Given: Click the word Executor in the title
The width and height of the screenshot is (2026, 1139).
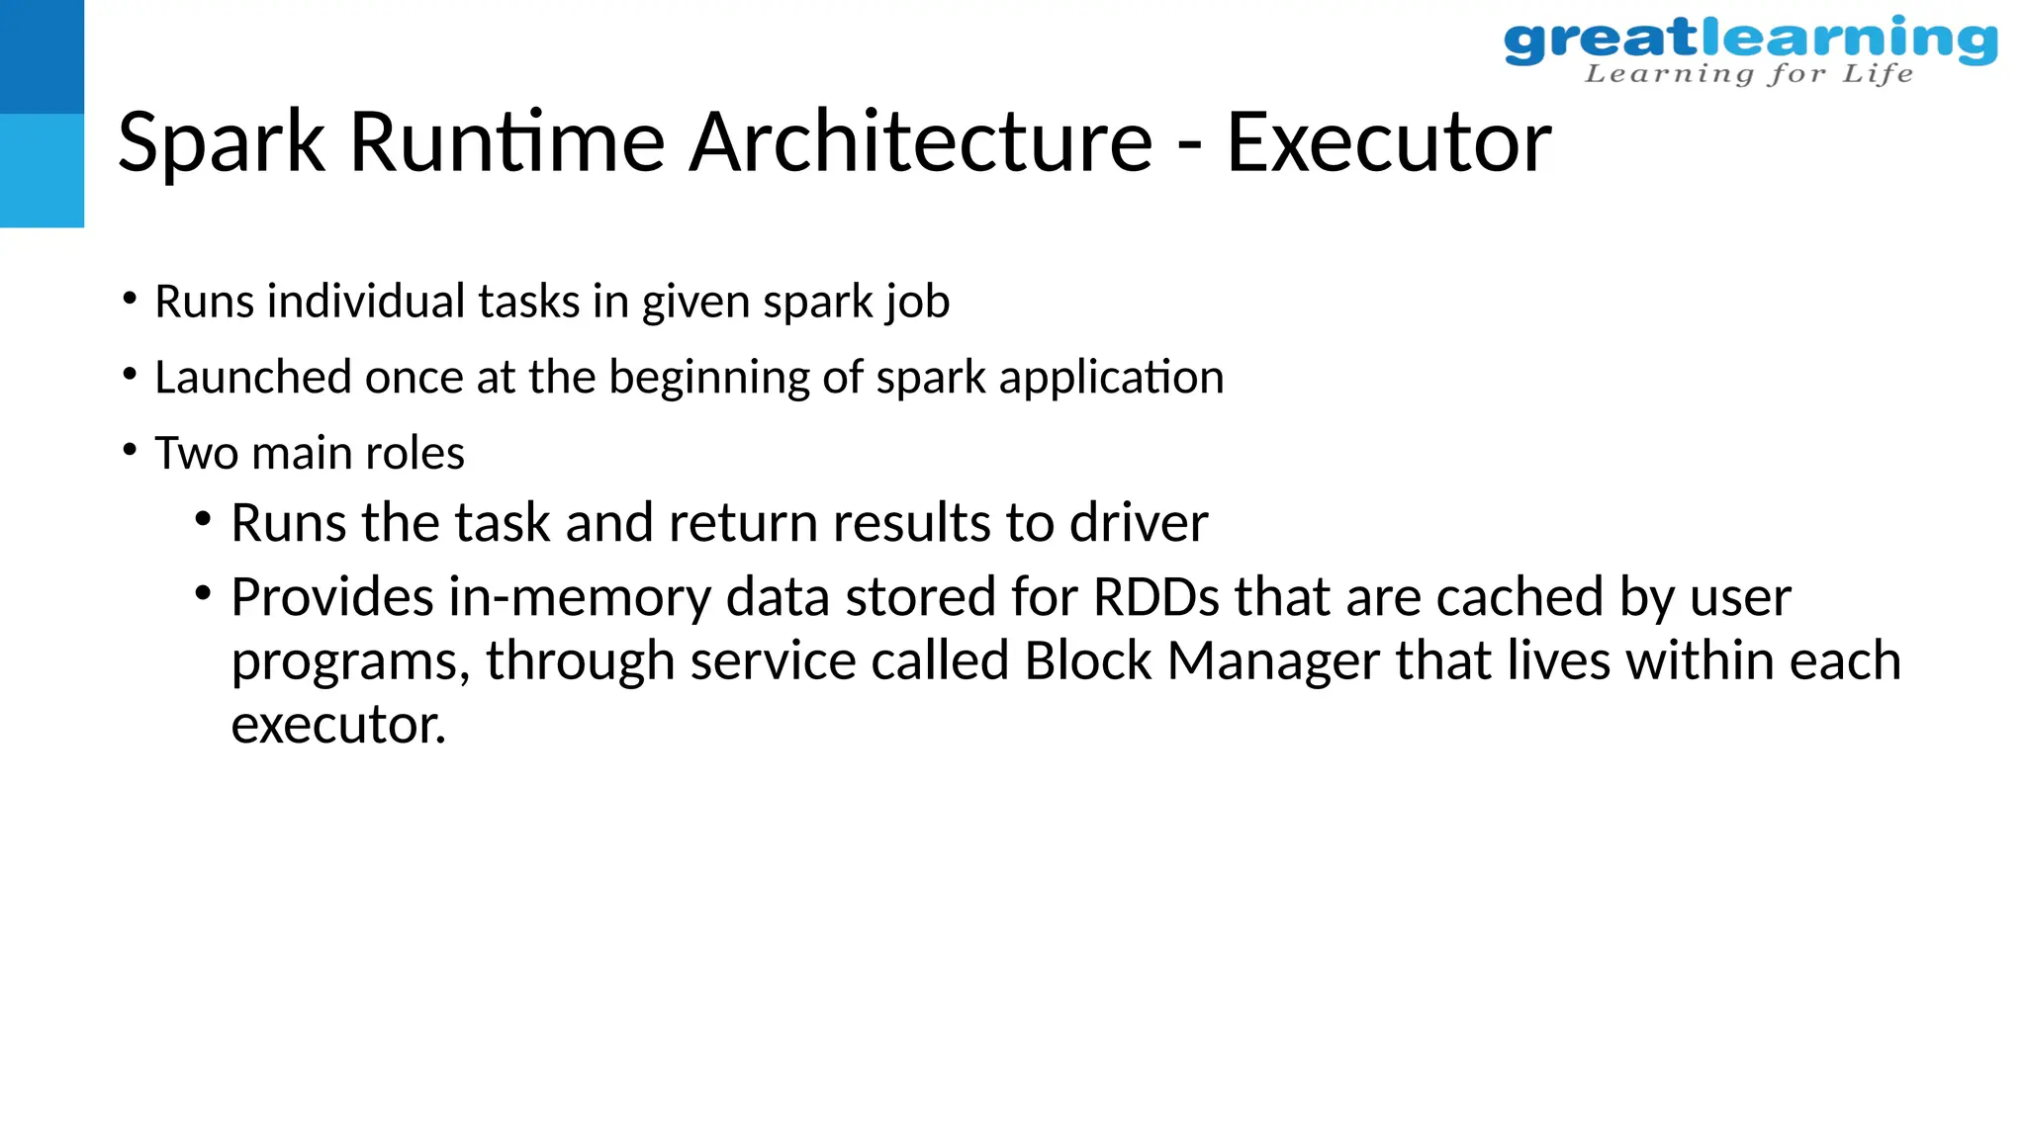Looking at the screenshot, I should coord(1388,143).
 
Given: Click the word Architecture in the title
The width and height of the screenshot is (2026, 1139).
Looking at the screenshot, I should coord(920,143).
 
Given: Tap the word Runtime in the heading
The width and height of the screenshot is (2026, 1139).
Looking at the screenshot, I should coord(506,143).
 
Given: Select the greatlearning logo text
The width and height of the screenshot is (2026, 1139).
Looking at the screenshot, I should coord(1749,40).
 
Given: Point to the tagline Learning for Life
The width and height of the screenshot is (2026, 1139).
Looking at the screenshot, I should coord(1749,74).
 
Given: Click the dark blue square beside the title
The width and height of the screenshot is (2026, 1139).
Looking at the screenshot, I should coord(42,56).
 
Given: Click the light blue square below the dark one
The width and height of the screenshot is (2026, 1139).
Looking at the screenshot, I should coord(42,170).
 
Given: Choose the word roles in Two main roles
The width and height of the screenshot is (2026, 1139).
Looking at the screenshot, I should coord(414,454).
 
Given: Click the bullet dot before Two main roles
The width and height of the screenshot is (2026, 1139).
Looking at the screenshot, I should coord(130,451).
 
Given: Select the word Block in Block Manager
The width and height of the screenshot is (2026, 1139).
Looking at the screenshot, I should coord(1087,661).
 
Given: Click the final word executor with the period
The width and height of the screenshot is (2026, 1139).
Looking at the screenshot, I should coord(338,726).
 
